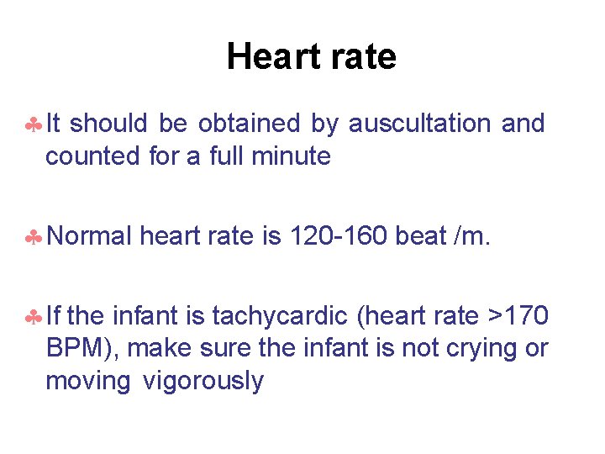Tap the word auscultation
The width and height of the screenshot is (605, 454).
[x=419, y=124]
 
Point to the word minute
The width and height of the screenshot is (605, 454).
[x=293, y=156]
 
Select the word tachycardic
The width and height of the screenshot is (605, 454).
[x=281, y=317]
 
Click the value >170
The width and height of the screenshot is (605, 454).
[x=518, y=317]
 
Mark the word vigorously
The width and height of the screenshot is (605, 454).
[x=203, y=382]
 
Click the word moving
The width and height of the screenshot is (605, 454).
[x=88, y=382]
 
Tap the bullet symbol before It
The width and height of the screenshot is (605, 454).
[x=33, y=124]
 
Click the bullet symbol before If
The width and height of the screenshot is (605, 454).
[x=33, y=318]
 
